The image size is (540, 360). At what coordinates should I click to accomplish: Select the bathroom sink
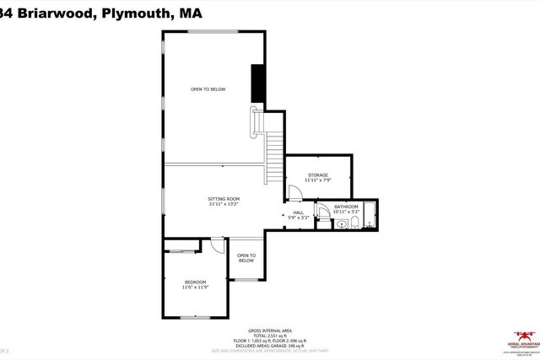point(340,225)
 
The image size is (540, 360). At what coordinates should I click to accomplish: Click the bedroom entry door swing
point(217,245)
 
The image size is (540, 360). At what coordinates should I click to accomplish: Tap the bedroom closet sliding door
point(181,250)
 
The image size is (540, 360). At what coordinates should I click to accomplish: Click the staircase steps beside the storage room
point(273,155)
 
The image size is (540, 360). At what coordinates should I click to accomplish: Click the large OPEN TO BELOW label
point(208,89)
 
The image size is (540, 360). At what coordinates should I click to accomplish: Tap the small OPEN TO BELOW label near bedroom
point(246,258)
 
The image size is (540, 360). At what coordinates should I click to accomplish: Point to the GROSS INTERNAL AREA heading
point(270,330)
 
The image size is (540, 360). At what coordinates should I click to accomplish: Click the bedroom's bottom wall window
point(195,317)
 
